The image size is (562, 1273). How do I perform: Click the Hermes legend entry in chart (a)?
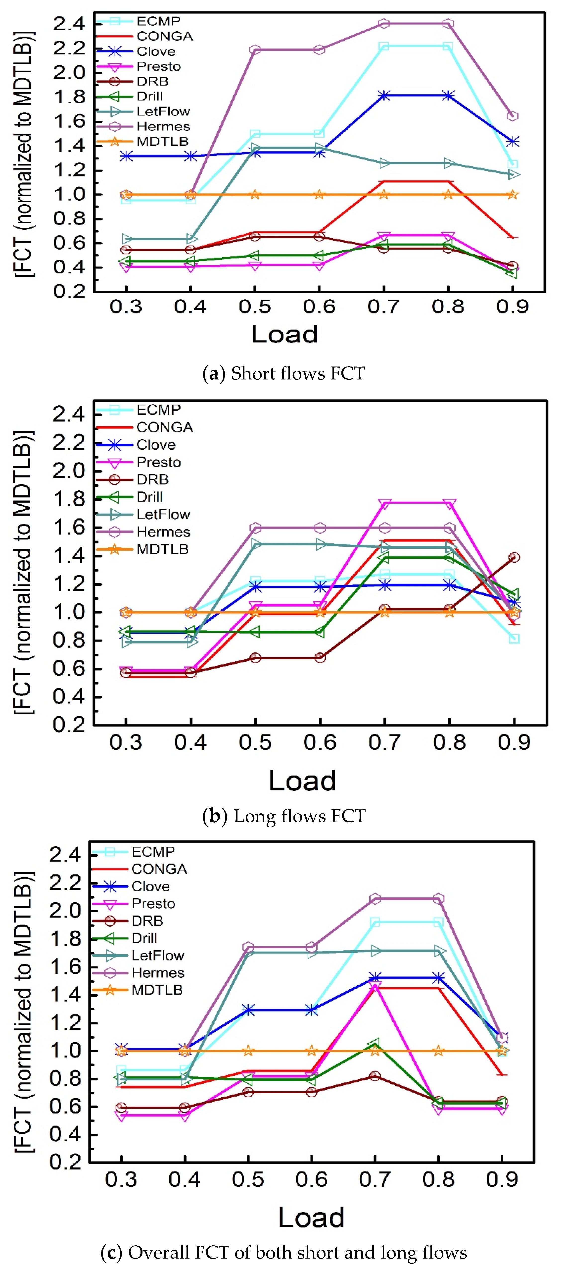143,126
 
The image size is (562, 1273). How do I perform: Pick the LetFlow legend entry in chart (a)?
143,111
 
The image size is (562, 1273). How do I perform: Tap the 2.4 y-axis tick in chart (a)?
69,23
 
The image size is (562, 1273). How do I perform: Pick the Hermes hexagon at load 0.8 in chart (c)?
438,899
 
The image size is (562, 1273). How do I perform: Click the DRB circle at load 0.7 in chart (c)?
375,1076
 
